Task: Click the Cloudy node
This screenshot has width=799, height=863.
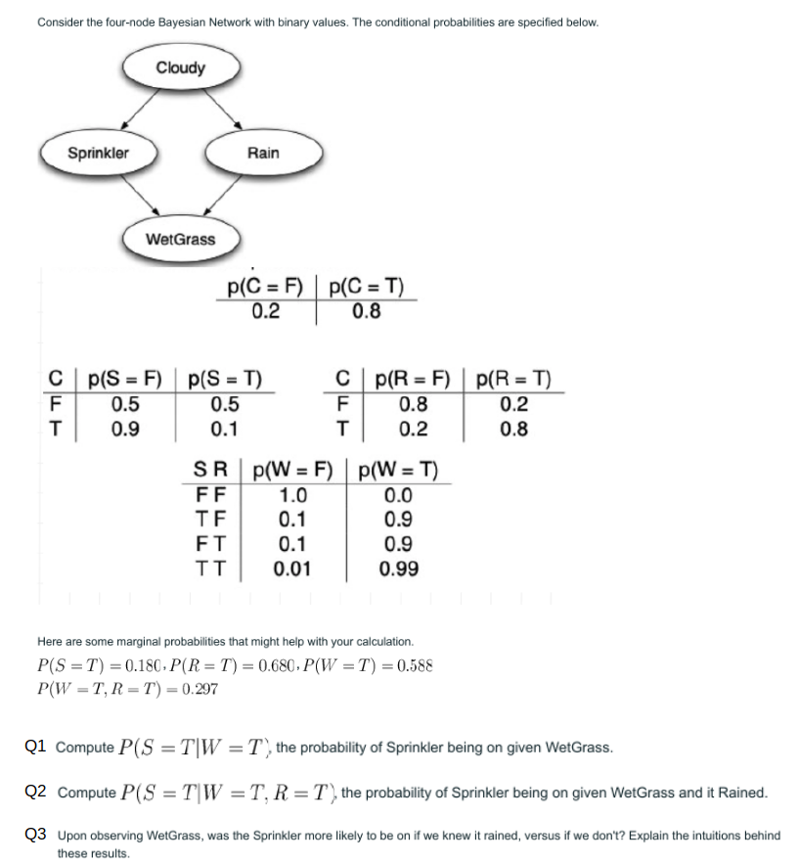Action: point(181,68)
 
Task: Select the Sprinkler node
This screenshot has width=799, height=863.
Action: point(98,153)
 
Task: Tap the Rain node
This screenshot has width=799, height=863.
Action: point(263,153)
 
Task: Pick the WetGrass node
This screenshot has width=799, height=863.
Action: point(181,238)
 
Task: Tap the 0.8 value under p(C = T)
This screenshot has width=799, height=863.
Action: point(367,312)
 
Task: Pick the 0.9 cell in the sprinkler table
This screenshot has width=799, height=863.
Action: point(124,429)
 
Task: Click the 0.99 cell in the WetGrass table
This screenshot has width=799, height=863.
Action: point(399,568)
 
